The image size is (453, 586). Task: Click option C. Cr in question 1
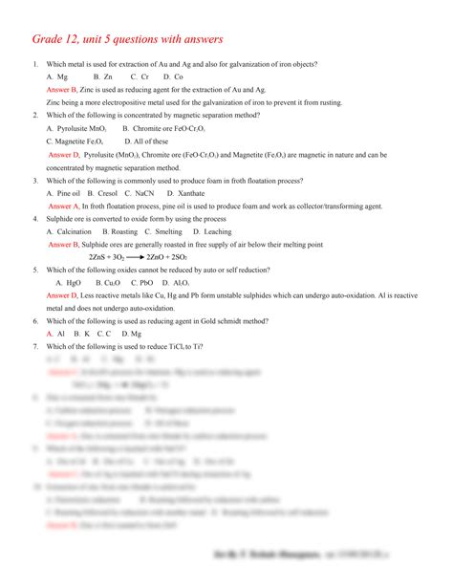tap(139, 76)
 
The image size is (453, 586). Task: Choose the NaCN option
tap(146, 192)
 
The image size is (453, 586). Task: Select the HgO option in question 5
tap(69, 283)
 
